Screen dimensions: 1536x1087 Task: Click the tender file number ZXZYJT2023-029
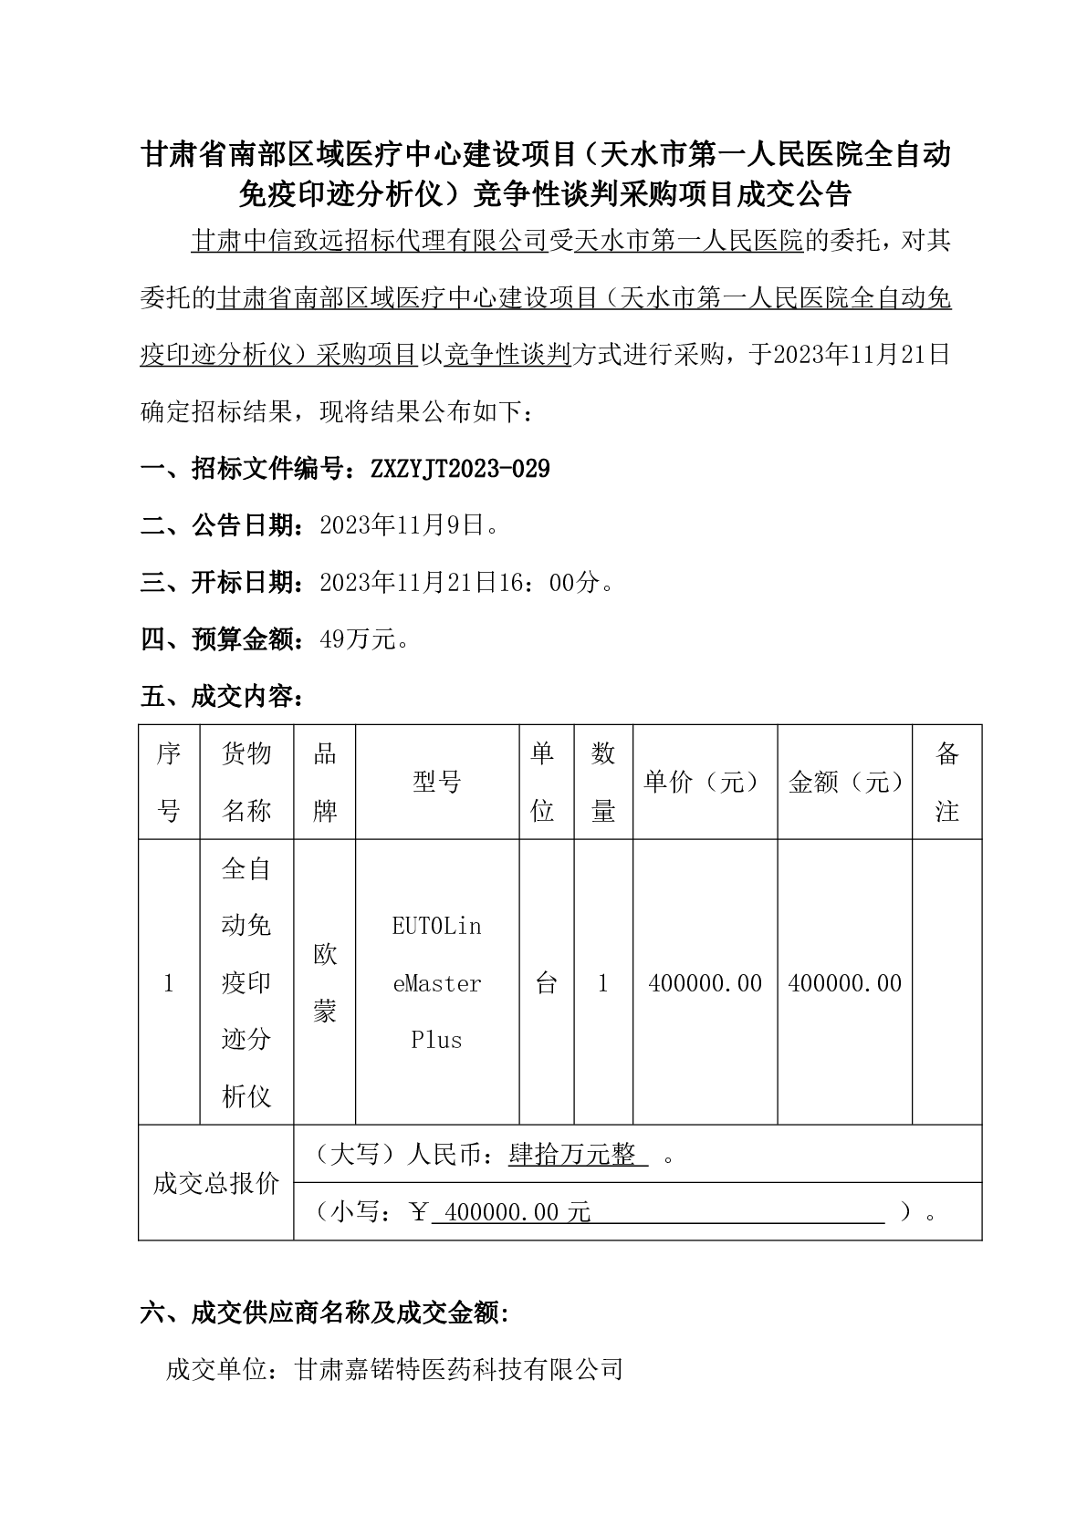460,469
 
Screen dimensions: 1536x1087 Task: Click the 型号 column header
437,782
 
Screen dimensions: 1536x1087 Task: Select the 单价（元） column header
704,782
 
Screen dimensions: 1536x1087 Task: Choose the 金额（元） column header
844,782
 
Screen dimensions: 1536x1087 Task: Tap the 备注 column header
946,782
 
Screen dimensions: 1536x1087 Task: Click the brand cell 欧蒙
325,982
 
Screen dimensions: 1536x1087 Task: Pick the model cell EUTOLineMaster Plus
437,982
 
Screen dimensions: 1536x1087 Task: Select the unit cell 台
546,982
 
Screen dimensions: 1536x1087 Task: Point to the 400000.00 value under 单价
704,982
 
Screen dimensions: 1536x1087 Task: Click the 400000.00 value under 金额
844,982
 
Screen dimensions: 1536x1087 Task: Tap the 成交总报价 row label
216,1183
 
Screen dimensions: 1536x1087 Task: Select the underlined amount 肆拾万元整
572,1155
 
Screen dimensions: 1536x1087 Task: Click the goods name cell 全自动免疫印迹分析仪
246,982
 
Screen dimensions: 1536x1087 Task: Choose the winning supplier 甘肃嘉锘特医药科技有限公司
459,1369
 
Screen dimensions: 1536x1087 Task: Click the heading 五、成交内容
222,697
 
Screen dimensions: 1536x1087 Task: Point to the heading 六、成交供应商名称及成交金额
324,1313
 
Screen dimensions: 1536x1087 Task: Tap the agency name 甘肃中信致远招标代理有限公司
369,241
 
